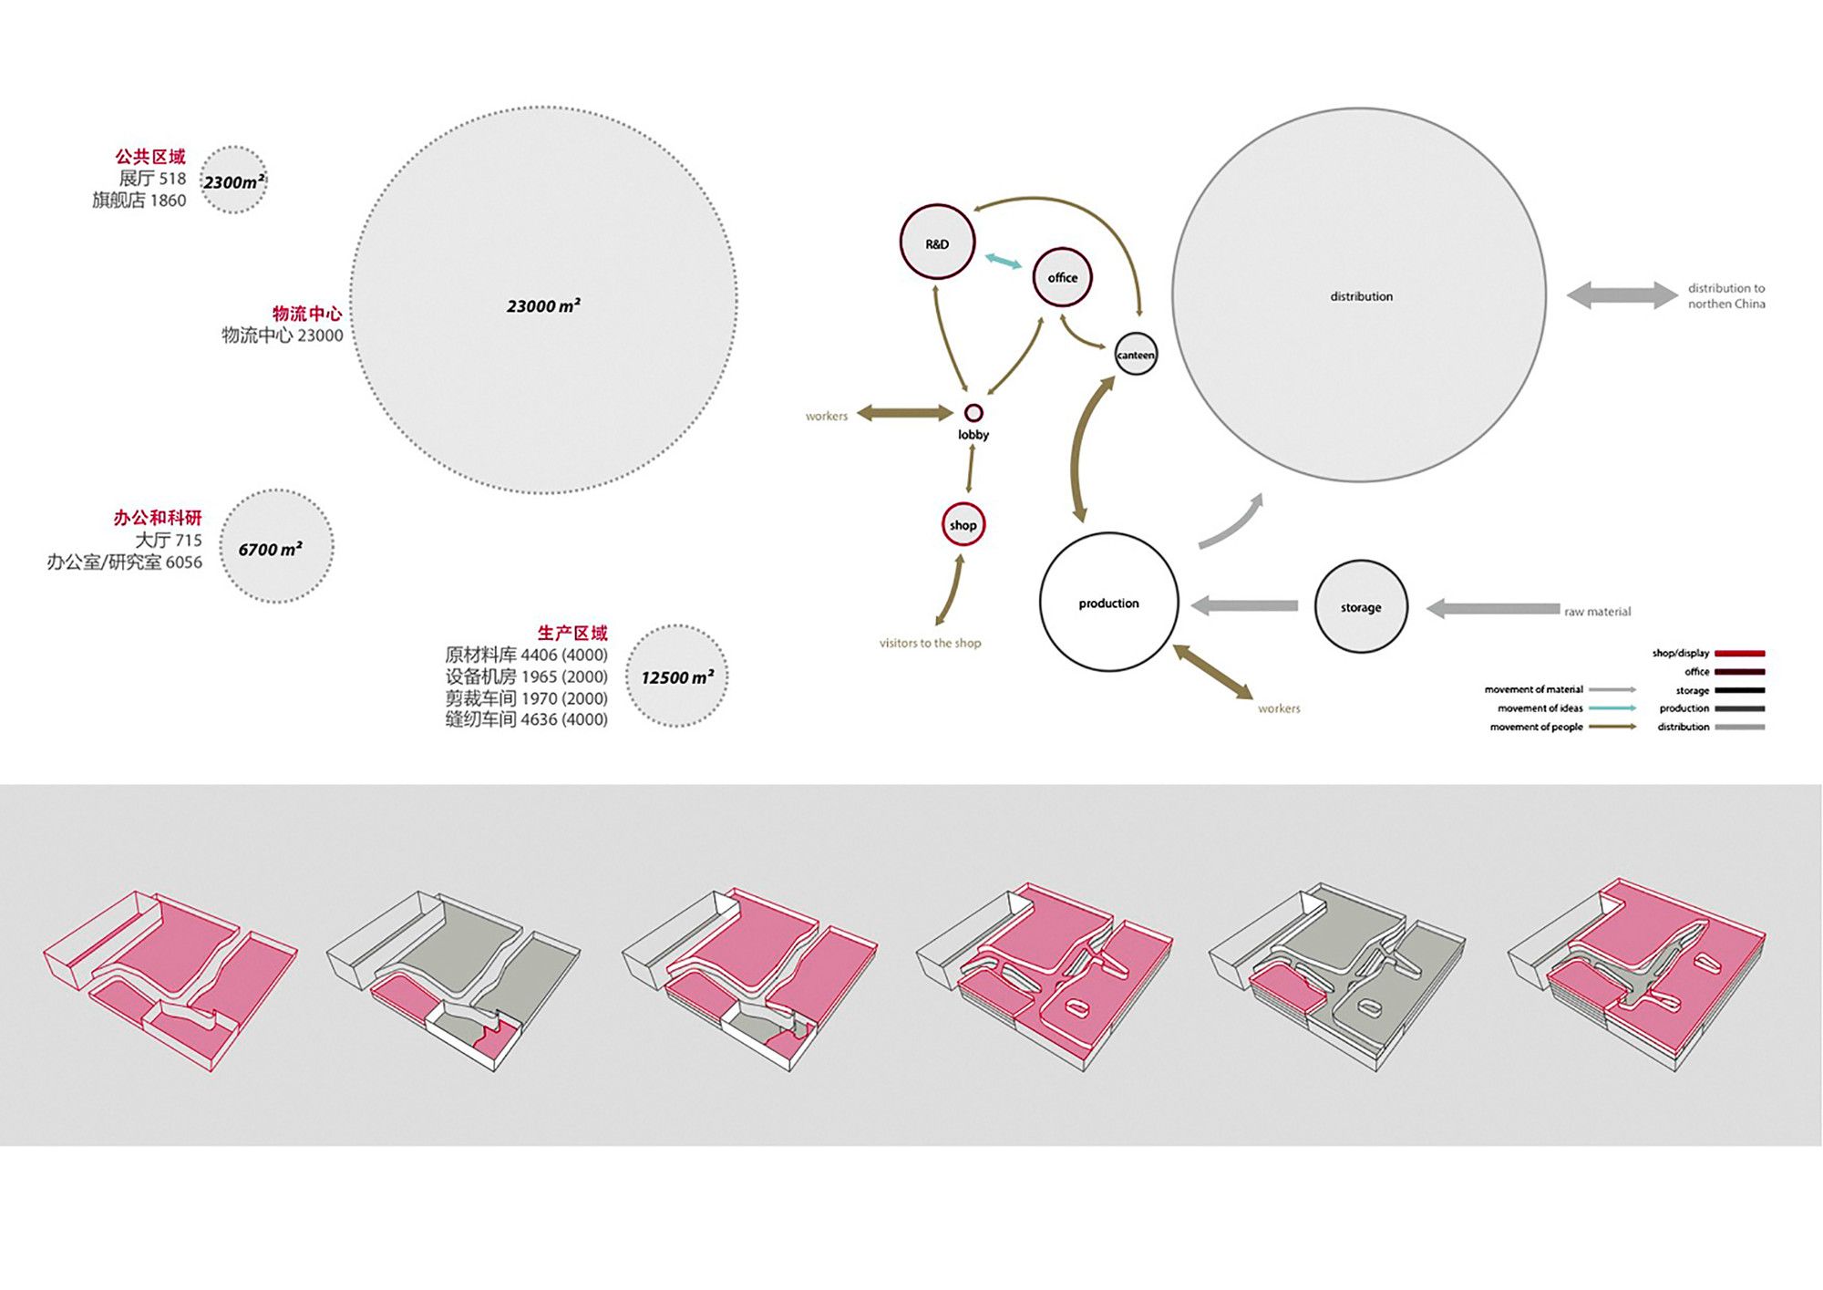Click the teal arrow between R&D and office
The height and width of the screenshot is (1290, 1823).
[1004, 262]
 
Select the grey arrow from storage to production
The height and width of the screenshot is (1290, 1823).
[1244, 605]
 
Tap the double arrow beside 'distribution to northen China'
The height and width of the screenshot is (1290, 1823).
[1622, 294]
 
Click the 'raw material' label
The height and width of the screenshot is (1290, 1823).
[1597, 612]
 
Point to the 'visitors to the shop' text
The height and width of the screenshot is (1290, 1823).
[930, 643]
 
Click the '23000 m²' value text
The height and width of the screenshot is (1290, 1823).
[543, 305]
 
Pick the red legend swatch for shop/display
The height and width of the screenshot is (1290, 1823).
[1740, 654]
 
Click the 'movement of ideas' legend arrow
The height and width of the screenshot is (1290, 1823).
[1612, 708]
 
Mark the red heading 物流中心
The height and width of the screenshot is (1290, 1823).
[307, 314]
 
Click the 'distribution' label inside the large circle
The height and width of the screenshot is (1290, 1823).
[1361, 296]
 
